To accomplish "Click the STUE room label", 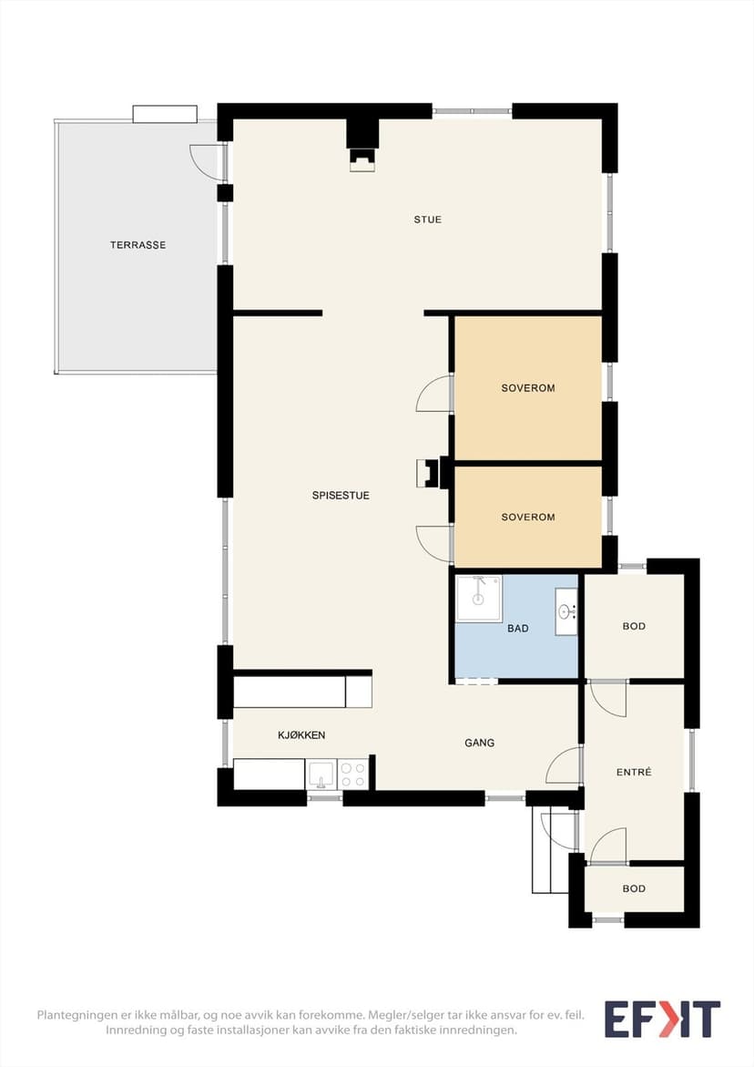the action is (428, 219).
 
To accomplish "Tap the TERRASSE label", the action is (138, 245).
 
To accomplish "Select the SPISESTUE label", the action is (341, 496).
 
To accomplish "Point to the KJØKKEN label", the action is (301, 735).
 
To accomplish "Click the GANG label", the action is (479, 743).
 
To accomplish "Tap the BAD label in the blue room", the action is (517, 628).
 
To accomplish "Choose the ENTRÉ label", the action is (634, 772).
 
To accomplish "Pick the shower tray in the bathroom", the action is (479, 598).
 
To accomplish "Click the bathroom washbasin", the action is (565, 611).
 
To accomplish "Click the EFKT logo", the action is (662, 1019).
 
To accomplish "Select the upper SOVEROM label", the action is (527, 388).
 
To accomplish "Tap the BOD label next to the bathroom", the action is (634, 626).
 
